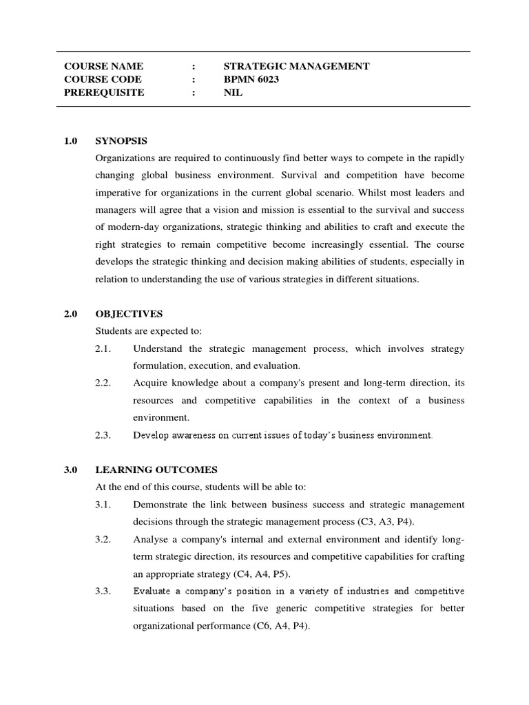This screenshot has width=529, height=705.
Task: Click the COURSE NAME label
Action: [x=103, y=66]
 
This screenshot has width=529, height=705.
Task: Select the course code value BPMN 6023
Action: [x=251, y=79]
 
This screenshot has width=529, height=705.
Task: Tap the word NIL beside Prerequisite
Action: [x=233, y=92]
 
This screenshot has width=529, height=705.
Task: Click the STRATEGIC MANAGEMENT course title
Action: [x=296, y=66]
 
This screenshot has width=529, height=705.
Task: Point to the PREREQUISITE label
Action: [x=104, y=92]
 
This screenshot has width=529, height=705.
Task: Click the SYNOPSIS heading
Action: [x=121, y=140]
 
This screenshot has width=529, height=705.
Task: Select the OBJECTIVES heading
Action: [x=129, y=314]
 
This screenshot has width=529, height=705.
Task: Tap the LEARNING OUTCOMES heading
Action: [x=156, y=470]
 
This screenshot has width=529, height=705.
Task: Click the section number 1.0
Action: [x=71, y=140]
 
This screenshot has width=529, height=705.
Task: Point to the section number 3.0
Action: [x=71, y=470]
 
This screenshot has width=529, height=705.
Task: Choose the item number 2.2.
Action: [x=103, y=383]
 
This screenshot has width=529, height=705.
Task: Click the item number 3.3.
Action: [x=103, y=591]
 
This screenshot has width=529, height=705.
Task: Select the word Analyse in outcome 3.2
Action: [x=150, y=538]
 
